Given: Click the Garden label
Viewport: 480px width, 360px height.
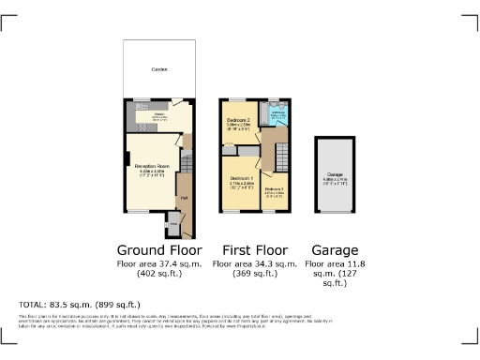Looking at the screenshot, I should tap(158, 70).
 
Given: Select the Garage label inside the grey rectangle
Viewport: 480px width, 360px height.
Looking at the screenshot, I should tap(336, 173).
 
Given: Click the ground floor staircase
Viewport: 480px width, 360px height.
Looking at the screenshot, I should tap(186, 169).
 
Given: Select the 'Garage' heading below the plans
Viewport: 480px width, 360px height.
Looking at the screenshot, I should tap(336, 250).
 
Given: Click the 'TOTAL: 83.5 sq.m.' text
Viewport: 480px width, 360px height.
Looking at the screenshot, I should tap(80, 305).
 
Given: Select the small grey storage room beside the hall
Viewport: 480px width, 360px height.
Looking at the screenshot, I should tap(172, 226).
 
